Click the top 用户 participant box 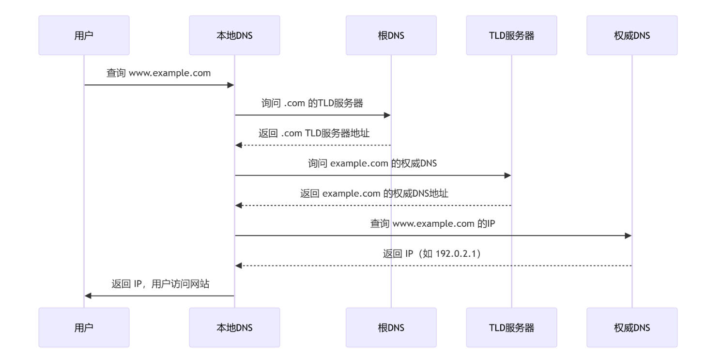click(84, 35)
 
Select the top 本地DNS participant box click(234, 35)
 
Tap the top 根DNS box click(391, 35)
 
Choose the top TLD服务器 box click(511, 35)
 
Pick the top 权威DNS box click(632, 35)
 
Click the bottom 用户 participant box click(84, 328)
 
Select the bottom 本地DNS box click(234, 328)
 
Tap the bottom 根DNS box click(391, 328)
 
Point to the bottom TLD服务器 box click(511, 328)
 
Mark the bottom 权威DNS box click(632, 328)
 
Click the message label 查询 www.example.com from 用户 click(159, 74)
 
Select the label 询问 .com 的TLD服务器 click(312, 104)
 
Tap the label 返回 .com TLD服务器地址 click(314, 134)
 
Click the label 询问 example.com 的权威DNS click(372, 164)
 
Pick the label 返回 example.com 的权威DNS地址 click(374, 194)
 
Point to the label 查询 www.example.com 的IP click(432, 224)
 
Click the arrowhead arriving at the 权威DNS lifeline click(628, 236)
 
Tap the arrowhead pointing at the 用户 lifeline click(88, 296)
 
